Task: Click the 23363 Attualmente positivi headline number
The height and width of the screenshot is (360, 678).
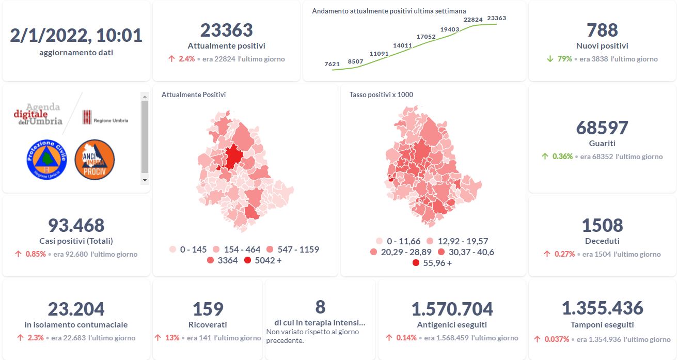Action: click(x=226, y=30)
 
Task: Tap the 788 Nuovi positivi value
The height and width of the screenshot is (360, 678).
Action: click(x=602, y=30)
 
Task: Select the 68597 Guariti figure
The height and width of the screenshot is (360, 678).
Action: click(x=602, y=128)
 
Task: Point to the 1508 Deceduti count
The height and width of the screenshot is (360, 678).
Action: click(x=602, y=226)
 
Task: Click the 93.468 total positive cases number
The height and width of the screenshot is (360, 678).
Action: click(x=76, y=226)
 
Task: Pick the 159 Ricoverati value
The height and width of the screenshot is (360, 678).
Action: click(x=208, y=309)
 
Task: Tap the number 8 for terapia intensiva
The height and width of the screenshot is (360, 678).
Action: click(x=320, y=307)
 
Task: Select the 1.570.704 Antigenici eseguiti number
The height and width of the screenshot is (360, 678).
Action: click(x=452, y=309)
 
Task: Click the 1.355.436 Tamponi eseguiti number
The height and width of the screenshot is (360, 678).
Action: click(x=602, y=308)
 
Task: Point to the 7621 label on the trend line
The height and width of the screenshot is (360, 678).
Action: click(x=332, y=64)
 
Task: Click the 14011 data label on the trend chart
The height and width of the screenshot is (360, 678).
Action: click(x=402, y=45)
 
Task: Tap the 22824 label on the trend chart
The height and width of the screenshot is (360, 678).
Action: click(x=473, y=20)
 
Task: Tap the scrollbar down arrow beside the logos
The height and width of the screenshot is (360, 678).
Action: click(x=145, y=180)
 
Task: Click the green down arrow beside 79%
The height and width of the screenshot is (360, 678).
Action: click(x=550, y=59)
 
